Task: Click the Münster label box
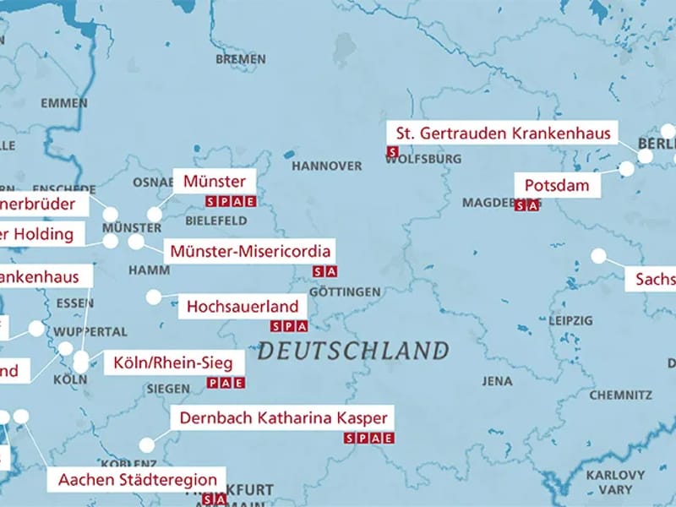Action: click(215, 182)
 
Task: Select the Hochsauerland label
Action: click(242, 307)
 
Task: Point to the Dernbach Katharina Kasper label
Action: click(282, 417)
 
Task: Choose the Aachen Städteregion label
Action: click(137, 479)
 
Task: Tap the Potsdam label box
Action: click(558, 185)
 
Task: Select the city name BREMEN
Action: click(241, 59)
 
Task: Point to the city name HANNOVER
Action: click(326, 166)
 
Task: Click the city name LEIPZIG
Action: click(570, 321)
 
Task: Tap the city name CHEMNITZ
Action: click(620, 395)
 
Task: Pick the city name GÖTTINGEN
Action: click(345, 292)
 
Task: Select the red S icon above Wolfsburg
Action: click(391, 151)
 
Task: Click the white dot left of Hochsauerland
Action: click(153, 297)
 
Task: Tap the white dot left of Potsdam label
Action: click(626, 169)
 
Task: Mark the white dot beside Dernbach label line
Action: click(147, 444)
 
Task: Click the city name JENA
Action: click(497, 381)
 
